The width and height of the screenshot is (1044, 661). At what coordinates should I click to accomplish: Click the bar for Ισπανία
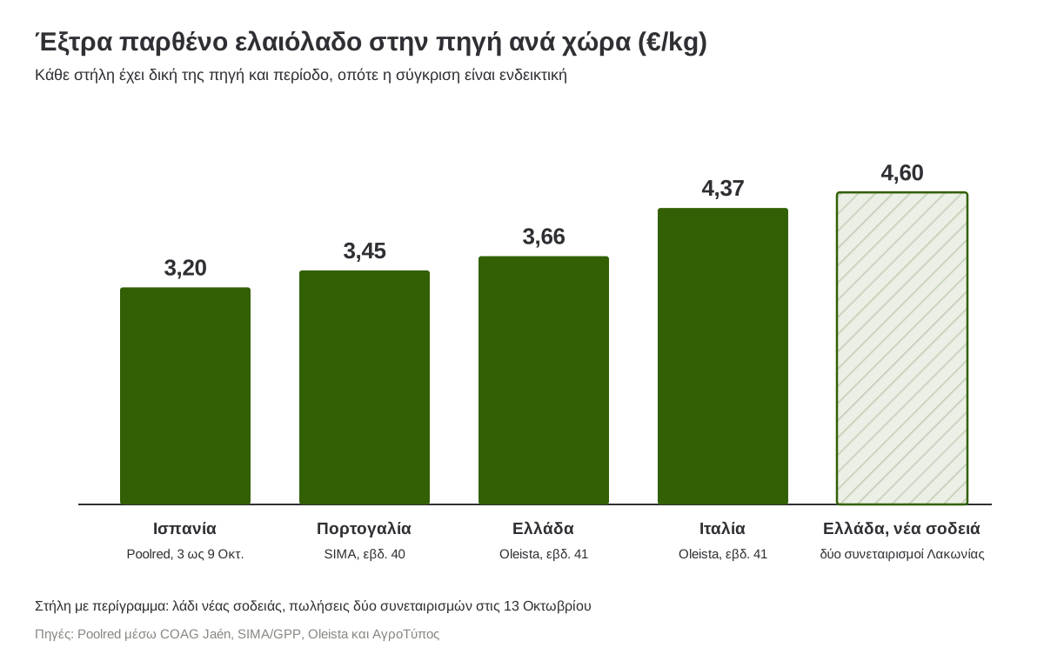tap(185, 396)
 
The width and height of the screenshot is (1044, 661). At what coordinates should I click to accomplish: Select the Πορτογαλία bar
tap(365, 387)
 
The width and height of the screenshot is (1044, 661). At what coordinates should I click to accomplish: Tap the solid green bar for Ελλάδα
tap(544, 380)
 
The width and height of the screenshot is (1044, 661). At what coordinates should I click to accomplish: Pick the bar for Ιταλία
tap(723, 356)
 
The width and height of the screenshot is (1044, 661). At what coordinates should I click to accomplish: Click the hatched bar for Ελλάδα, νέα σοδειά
tap(902, 348)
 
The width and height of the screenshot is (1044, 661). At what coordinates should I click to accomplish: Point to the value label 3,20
tap(185, 268)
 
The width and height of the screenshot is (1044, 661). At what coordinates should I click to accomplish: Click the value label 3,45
tap(365, 251)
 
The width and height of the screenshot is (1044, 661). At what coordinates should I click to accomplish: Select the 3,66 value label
tap(544, 237)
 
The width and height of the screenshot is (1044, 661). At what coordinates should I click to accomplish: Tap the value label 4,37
tap(723, 189)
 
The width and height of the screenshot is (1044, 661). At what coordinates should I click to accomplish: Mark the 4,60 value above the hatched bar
tap(902, 173)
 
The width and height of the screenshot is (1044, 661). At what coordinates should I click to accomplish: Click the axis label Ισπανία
tap(185, 529)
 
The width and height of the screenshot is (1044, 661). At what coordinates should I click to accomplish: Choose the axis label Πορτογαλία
tap(364, 529)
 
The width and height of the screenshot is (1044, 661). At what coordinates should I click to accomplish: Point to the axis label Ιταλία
tap(722, 529)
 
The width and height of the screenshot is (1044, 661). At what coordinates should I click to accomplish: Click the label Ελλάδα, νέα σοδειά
tap(901, 529)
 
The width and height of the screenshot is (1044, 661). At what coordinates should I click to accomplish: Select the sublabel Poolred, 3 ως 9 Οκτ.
tap(185, 554)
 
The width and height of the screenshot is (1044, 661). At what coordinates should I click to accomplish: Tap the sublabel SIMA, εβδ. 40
tap(365, 554)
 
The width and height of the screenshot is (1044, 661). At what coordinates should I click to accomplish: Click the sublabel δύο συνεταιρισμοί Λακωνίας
tap(902, 554)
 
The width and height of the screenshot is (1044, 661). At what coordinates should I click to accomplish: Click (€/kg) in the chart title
tap(673, 43)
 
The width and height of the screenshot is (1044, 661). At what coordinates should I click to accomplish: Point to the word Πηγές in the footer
tap(54, 634)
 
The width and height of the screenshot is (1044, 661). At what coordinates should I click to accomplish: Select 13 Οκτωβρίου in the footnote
tap(547, 606)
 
